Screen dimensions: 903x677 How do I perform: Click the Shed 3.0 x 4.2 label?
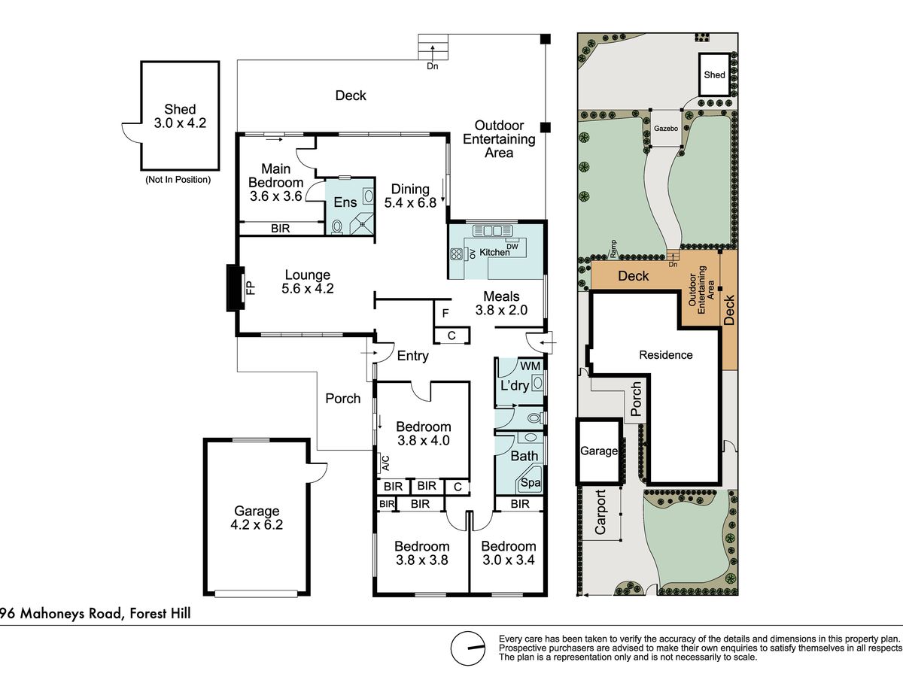click(180, 116)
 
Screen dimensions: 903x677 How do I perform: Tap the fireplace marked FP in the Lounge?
click(236, 288)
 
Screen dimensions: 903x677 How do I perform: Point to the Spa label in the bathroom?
click(531, 483)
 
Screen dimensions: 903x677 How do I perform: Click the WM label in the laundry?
click(531, 366)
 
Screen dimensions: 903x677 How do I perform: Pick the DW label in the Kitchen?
click(512, 246)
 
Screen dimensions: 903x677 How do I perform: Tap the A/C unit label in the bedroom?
click(385, 463)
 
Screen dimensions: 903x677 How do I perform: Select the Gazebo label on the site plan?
click(666, 128)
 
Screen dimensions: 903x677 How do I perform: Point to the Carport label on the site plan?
click(600, 512)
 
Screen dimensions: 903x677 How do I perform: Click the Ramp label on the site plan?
click(613, 249)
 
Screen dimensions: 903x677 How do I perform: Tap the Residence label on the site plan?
click(666, 355)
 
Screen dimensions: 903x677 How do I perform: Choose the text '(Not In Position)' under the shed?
click(178, 180)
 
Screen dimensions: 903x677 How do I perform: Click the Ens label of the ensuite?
click(345, 202)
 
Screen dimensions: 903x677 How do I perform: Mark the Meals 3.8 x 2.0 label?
click(501, 303)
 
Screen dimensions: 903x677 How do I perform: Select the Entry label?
click(412, 356)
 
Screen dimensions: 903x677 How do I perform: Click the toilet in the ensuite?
click(337, 227)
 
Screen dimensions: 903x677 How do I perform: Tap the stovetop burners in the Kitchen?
click(456, 254)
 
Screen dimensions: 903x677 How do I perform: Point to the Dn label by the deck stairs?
click(433, 66)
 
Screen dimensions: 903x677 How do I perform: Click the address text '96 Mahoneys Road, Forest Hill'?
click(96, 614)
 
